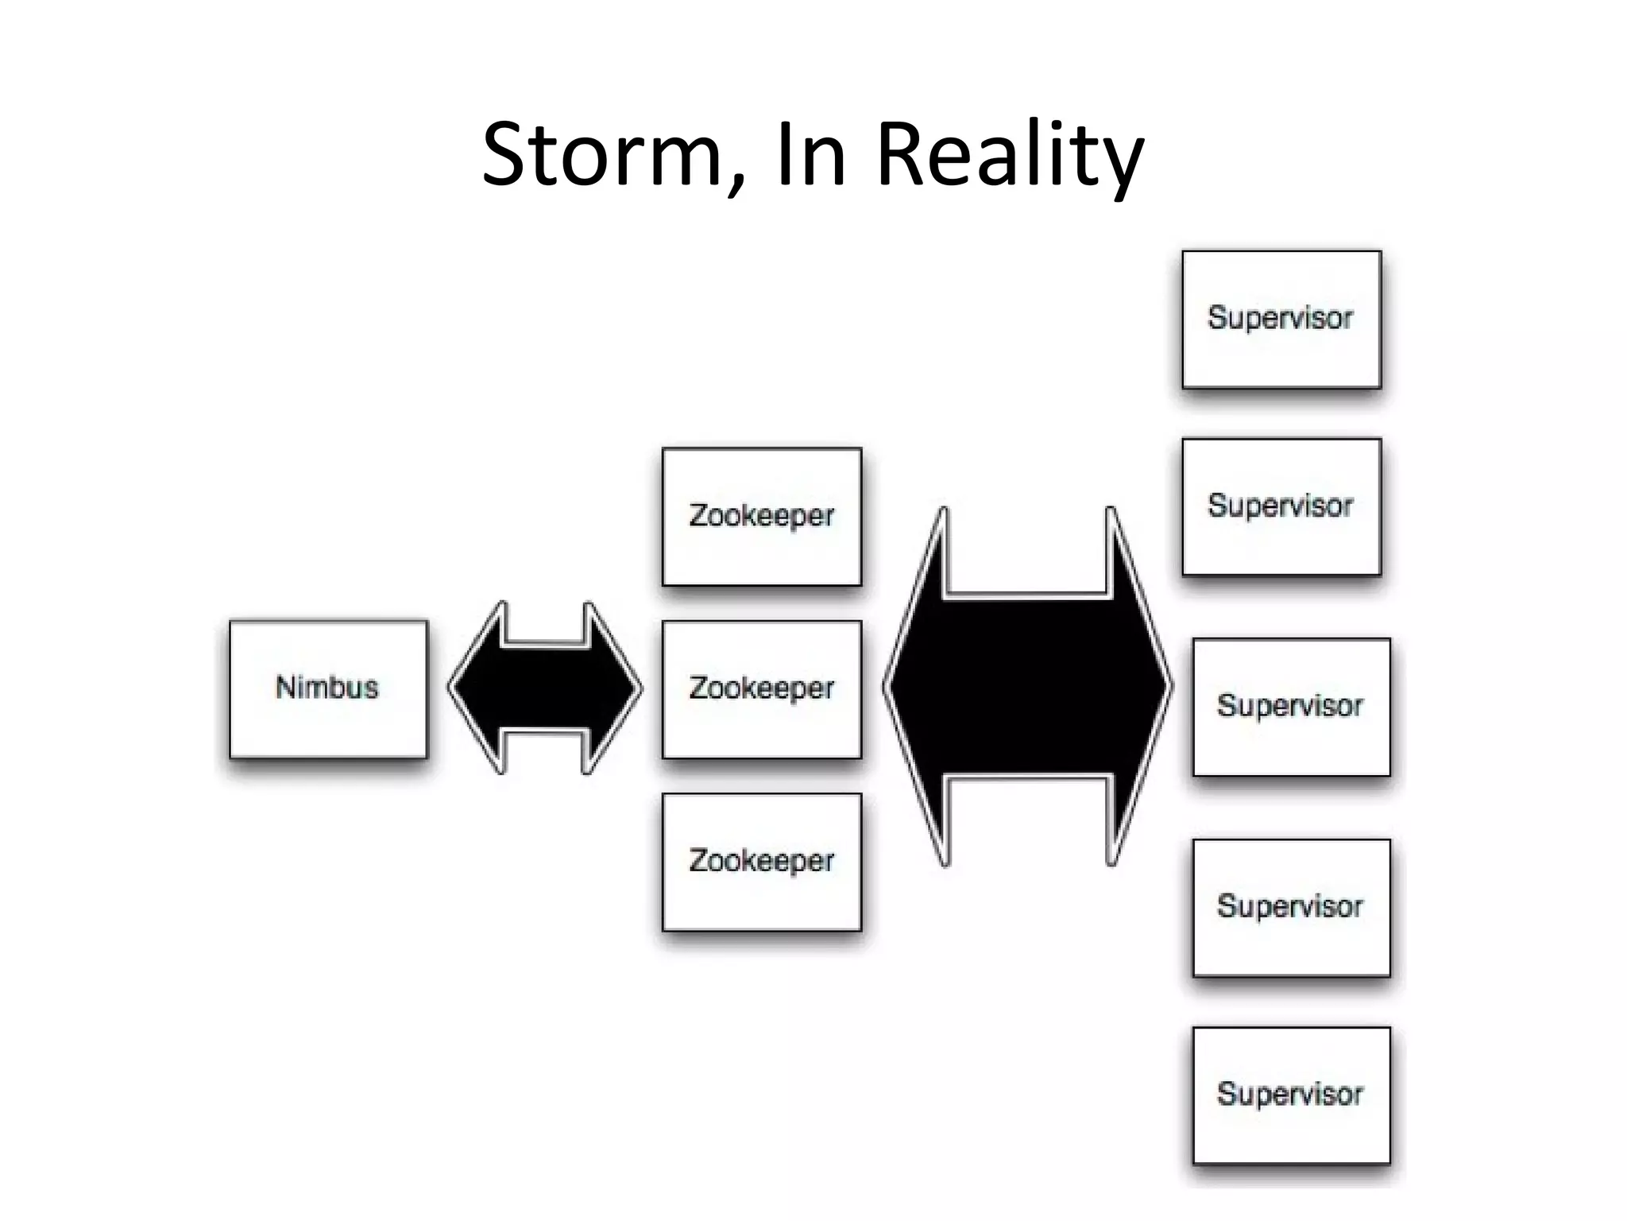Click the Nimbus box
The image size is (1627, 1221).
tap(328, 688)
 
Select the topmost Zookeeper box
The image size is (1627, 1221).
tap(761, 517)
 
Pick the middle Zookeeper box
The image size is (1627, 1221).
tap(761, 689)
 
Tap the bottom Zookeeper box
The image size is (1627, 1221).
tap(761, 862)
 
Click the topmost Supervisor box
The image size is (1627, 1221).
tap(1281, 320)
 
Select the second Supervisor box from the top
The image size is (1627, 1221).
tap(1281, 506)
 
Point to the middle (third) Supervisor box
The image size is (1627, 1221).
tap(1291, 707)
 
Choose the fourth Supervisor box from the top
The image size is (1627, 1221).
tap(1291, 907)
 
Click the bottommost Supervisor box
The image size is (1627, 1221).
tap(1291, 1095)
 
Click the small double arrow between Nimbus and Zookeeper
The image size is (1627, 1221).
tap(545, 688)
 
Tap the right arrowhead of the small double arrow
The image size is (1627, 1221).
tap(612, 688)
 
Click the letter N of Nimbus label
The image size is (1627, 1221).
tap(285, 688)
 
